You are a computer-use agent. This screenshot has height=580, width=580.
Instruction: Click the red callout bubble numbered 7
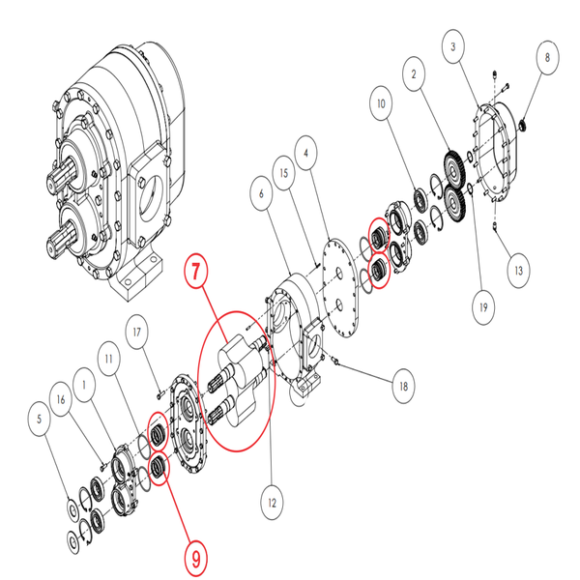[197, 272]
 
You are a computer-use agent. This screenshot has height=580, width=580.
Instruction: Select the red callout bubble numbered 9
[196, 557]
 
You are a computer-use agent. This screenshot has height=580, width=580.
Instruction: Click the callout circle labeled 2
[415, 73]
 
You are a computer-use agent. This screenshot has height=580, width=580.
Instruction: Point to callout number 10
[381, 102]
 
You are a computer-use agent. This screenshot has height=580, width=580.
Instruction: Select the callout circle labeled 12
[274, 503]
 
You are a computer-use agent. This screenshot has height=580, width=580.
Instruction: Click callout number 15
[283, 175]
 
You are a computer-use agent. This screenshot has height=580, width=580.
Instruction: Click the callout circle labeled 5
[39, 420]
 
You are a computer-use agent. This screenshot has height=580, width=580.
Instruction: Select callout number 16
[63, 399]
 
